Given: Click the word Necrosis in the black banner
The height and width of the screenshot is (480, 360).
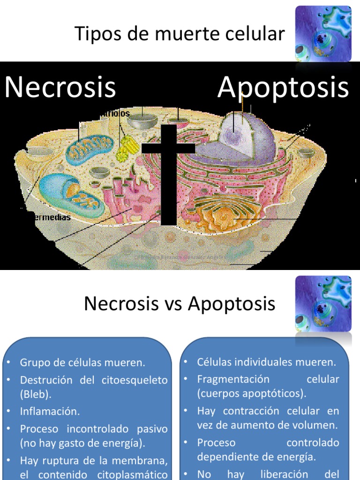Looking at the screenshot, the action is coord(60,87).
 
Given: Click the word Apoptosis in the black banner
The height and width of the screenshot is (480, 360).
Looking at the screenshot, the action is coord(283,87).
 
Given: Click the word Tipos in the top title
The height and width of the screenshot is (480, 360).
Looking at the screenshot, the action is coord(94,34).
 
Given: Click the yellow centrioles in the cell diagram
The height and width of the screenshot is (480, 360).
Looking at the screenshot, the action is coord(125,148).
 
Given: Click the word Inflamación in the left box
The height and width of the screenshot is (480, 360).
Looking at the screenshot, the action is coord(50,412).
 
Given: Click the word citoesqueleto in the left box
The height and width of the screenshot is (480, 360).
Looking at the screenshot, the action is coord(134,380).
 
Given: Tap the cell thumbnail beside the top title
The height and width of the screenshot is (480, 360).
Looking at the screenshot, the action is coord(323,34).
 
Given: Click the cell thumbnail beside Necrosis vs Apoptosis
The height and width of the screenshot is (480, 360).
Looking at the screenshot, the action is coord(323,303).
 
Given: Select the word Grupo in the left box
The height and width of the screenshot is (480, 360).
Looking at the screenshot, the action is coord(35,362).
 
